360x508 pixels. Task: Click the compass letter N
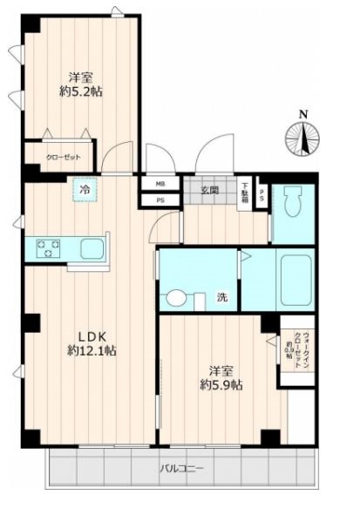[302, 114]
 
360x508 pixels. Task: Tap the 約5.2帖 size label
[80, 91]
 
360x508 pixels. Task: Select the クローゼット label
[65, 159]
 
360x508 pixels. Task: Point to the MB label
[160, 185]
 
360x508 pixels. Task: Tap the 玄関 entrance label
[209, 190]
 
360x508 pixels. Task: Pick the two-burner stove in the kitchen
[48, 249]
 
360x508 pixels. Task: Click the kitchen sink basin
[91, 249]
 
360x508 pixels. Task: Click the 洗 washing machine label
[222, 298]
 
